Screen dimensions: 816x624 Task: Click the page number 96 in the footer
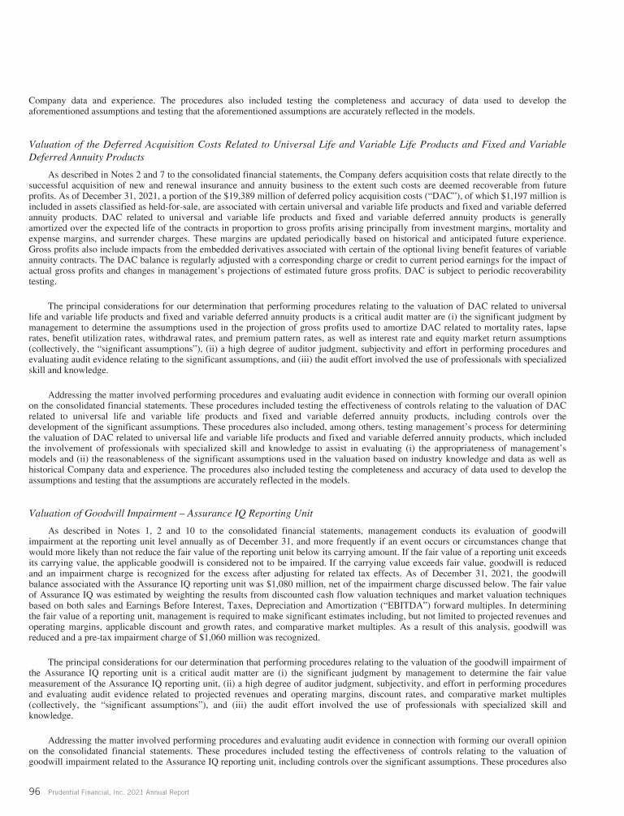[35, 792]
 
